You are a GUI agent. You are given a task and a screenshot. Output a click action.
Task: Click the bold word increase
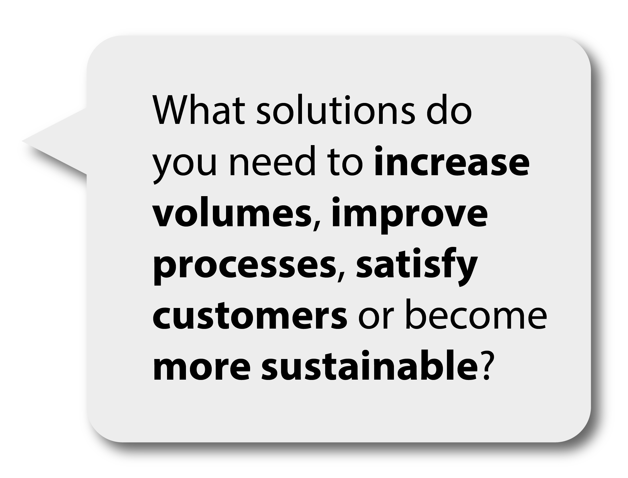[x=452, y=161]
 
